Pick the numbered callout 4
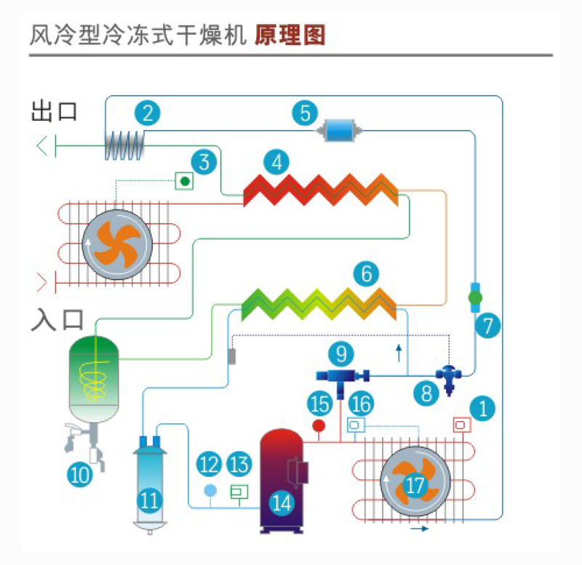(276, 161)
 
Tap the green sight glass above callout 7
(475, 297)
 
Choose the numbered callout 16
(362, 402)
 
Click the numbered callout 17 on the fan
(414, 485)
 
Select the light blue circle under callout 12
(210, 489)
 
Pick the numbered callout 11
(150, 500)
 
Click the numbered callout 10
(80, 474)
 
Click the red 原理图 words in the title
(290, 34)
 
